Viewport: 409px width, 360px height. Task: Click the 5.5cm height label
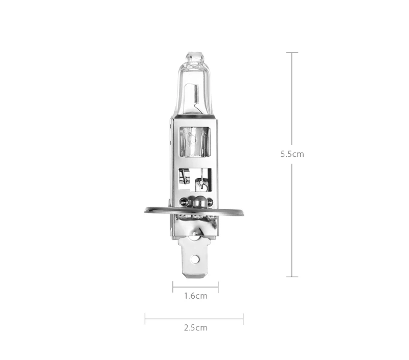pyautogui.click(x=292, y=154)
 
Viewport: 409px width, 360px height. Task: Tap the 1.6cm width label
pyautogui.click(x=196, y=296)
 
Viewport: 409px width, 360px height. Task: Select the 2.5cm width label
pyautogui.click(x=196, y=328)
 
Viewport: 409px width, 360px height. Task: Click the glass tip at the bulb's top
pyautogui.click(x=194, y=57)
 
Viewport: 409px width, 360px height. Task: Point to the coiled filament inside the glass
pyautogui.click(x=197, y=94)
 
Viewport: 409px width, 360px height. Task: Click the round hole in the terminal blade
pyautogui.click(x=195, y=259)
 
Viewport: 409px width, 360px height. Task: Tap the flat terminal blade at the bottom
pyautogui.click(x=195, y=258)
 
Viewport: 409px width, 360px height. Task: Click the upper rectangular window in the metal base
pyautogui.click(x=195, y=142)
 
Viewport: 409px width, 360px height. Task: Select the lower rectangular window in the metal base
pyautogui.click(x=195, y=180)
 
